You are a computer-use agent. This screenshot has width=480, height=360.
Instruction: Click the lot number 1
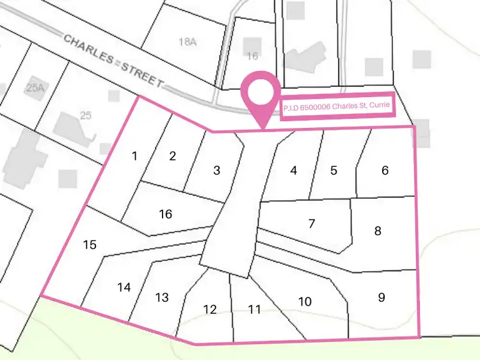pyautogui.click(x=134, y=156)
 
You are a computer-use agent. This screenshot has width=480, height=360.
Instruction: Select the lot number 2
pyautogui.click(x=172, y=155)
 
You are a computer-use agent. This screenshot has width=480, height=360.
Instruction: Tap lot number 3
pyautogui.click(x=217, y=170)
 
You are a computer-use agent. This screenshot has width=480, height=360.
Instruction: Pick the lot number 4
pyautogui.click(x=294, y=170)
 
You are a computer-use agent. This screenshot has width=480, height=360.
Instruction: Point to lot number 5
pyautogui.click(x=333, y=170)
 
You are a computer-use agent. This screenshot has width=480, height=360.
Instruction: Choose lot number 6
pyautogui.click(x=385, y=170)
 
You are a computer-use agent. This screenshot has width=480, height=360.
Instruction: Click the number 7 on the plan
pyautogui.click(x=312, y=223)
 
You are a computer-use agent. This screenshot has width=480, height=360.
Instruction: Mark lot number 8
pyautogui.click(x=378, y=231)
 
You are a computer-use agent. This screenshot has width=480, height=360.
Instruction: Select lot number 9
pyautogui.click(x=381, y=297)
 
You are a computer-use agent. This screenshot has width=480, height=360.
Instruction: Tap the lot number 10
pyautogui.click(x=305, y=301)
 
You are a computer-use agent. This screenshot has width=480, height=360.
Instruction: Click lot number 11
pyautogui.click(x=255, y=309)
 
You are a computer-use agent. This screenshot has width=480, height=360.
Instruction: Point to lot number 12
pyautogui.click(x=210, y=309)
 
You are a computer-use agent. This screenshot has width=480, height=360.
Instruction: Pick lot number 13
pyautogui.click(x=162, y=297)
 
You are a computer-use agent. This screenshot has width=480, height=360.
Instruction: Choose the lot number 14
pyautogui.click(x=124, y=288)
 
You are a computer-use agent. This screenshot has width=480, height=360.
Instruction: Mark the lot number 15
pyautogui.click(x=90, y=244)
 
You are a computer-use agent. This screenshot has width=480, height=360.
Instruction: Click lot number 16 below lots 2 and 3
pyautogui.click(x=165, y=214)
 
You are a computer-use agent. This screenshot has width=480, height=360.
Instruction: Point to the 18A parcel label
pyautogui.click(x=187, y=42)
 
